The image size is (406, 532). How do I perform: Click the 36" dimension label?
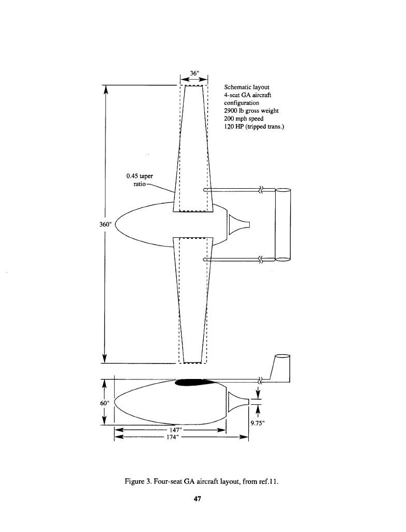point(194,72)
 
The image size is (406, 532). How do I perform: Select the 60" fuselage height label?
point(104,403)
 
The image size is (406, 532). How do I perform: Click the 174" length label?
point(172,437)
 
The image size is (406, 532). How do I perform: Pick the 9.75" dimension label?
point(258,423)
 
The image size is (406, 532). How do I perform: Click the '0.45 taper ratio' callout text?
point(140,180)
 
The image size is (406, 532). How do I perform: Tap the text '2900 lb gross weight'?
point(251,111)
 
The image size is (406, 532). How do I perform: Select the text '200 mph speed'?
point(244,118)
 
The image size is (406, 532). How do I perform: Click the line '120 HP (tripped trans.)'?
point(254,127)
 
